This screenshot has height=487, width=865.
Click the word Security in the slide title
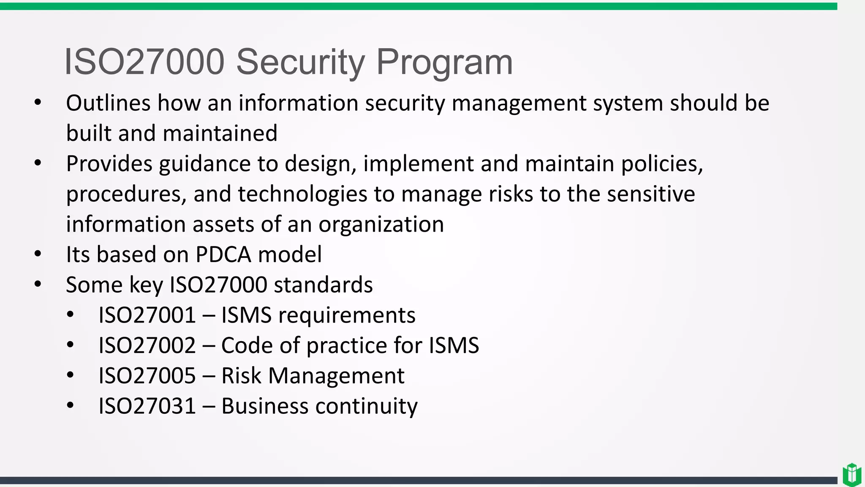click(x=300, y=62)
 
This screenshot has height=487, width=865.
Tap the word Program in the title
click(x=444, y=62)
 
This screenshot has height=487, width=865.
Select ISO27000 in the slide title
click(x=144, y=62)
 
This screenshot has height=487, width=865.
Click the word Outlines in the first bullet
click(x=108, y=103)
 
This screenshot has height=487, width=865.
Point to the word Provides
click(x=109, y=164)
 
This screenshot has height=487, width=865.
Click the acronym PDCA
click(x=223, y=254)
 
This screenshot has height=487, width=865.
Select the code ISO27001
click(x=147, y=315)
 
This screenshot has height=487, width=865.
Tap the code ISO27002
click(x=147, y=345)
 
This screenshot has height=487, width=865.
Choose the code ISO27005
click(x=147, y=376)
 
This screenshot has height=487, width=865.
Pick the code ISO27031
click(x=147, y=406)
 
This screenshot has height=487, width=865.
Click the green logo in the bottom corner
click(x=851, y=475)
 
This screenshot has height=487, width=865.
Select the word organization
click(x=381, y=224)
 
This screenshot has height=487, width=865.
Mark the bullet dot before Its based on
click(x=38, y=254)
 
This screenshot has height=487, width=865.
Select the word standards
click(x=323, y=285)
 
